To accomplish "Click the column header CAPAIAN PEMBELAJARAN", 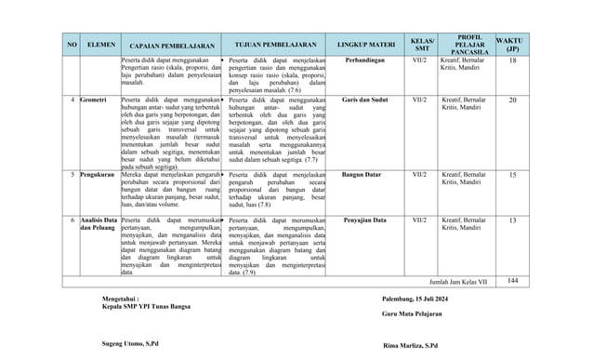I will [166, 43].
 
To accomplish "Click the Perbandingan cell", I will [360, 60].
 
